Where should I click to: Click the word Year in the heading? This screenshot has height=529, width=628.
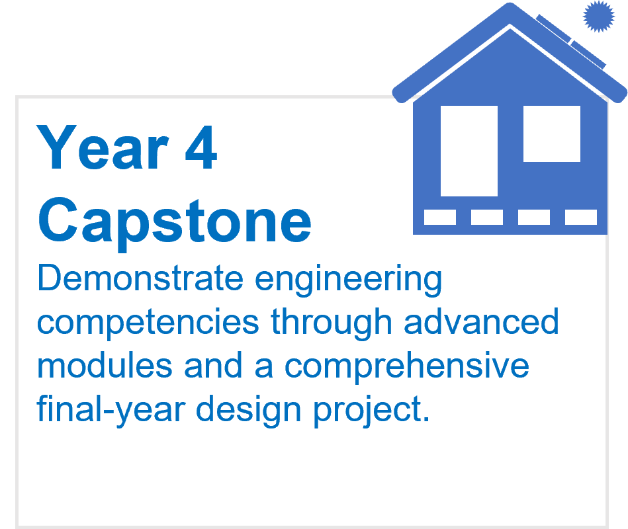pyautogui.click(x=103, y=147)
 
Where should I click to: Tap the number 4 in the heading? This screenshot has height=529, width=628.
pyautogui.click(x=201, y=147)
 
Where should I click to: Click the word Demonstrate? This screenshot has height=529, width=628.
pyautogui.click(x=140, y=278)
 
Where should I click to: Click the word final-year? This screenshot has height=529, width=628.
pyautogui.click(x=111, y=411)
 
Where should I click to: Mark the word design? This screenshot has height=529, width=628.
pyautogui.click(x=248, y=411)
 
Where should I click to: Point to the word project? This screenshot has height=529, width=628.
pyautogui.click(x=371, y=411)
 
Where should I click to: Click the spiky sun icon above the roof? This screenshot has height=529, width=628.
pyautogui.click(x=598, y=16)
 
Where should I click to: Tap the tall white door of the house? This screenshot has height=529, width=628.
pyautogui.click(x=469, y=151)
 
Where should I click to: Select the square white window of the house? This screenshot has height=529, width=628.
pyautogui.click(x=552, y=134)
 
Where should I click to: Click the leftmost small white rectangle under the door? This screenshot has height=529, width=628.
pyautogui.click(x=440, y=218)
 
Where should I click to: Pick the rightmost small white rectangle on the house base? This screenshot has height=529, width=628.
pyautogui.click(x=581, y=218)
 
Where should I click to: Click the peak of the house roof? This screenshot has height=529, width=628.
pyautogui.click(x=510, y=4)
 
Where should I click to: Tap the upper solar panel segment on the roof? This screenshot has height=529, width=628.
pyautogui.click(x=554, y=28)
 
